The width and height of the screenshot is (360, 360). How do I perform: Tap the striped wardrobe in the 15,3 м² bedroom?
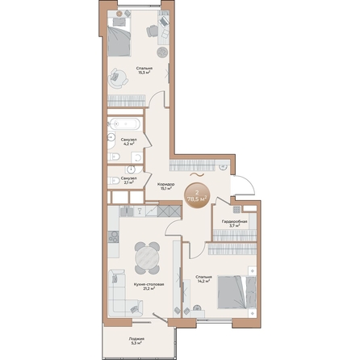point(128,102)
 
